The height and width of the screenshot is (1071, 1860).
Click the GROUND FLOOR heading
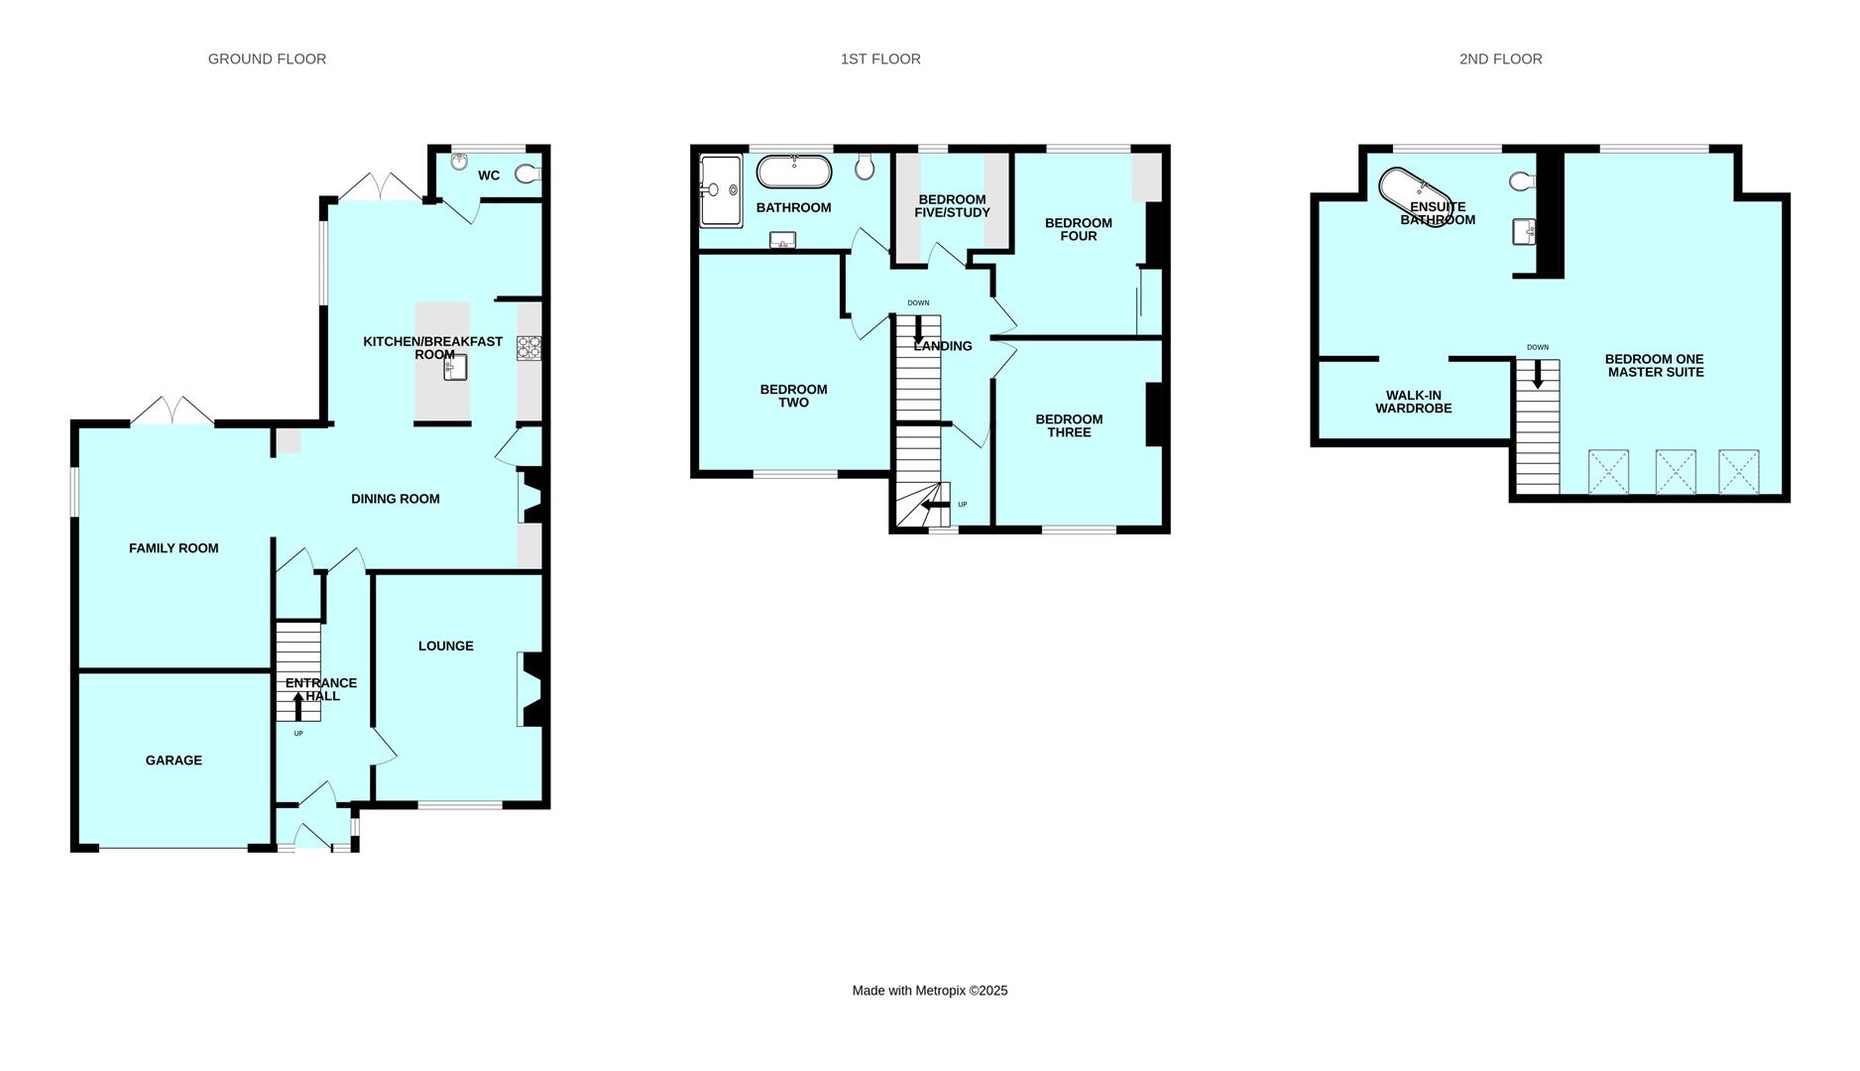click(267, 59)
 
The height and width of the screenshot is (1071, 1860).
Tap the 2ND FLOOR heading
click(1500, 59)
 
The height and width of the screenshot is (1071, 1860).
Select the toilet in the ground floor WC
click(527, 175)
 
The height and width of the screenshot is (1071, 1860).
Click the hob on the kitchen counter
click(529, 348)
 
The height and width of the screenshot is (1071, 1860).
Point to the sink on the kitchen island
click(455, 368)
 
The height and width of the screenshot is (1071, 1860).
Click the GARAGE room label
click(174, 761)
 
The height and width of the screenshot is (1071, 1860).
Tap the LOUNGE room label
click(445, 646)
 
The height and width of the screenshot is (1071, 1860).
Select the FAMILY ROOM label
click(174, 548)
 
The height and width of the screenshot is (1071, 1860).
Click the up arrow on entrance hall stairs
click(298, 705)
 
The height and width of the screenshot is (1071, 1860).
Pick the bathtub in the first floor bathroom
click(793, 171)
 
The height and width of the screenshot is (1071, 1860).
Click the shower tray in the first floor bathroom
click(721, 190)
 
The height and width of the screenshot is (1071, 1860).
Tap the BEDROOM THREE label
click(1069, 425)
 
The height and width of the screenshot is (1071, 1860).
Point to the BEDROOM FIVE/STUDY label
click(952, 206)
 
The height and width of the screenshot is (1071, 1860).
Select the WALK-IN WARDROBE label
click(1413, 402)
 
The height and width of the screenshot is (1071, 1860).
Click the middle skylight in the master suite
click(1675, 471)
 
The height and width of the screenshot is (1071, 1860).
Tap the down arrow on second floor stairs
click(1538, 375)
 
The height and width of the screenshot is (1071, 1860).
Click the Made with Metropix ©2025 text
click(929, 991)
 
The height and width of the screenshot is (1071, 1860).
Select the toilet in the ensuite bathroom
click(1522, 181)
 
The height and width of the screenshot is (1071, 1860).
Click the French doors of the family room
click(173, 411)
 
